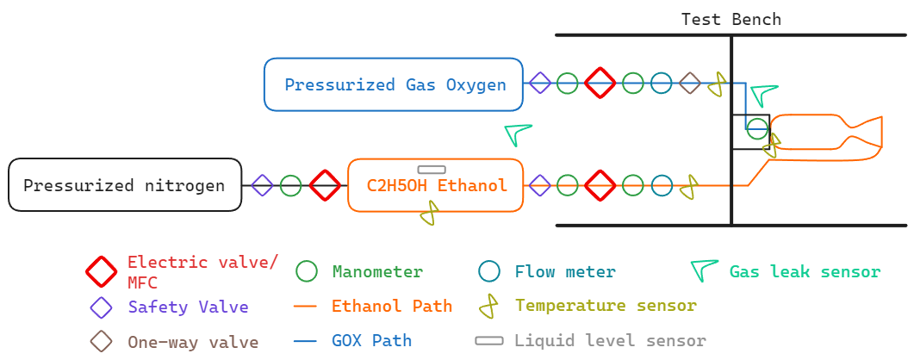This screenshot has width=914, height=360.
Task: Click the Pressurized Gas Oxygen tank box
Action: point(393,84)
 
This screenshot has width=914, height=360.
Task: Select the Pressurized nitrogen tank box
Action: point(125,185)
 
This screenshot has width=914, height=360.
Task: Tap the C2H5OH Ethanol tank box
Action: point(435,185)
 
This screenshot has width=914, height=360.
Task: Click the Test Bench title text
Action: point(731,19)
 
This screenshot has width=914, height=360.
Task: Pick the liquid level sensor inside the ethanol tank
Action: point(432,170)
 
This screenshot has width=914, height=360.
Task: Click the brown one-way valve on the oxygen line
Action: point(689,84)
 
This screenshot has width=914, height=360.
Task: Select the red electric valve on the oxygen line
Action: point(600,84)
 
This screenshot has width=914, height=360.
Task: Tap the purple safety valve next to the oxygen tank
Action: point(540,84)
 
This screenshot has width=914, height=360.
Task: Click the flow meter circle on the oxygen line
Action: point(661,84)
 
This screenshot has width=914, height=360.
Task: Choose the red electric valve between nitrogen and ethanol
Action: point(325,185)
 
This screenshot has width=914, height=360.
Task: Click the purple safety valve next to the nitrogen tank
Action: point(262,185)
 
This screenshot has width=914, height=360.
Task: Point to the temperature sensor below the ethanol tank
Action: point(429,213)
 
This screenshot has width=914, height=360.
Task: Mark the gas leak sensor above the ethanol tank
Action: point(518,133)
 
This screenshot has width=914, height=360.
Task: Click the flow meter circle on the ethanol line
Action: point(661,185)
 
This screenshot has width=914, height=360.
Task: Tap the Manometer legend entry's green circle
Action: point(308,272)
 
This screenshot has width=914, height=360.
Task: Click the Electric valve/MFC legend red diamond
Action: point(102,272)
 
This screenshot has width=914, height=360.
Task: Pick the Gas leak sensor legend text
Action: point(805,272)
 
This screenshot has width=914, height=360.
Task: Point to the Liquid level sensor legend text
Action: point(610,340)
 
